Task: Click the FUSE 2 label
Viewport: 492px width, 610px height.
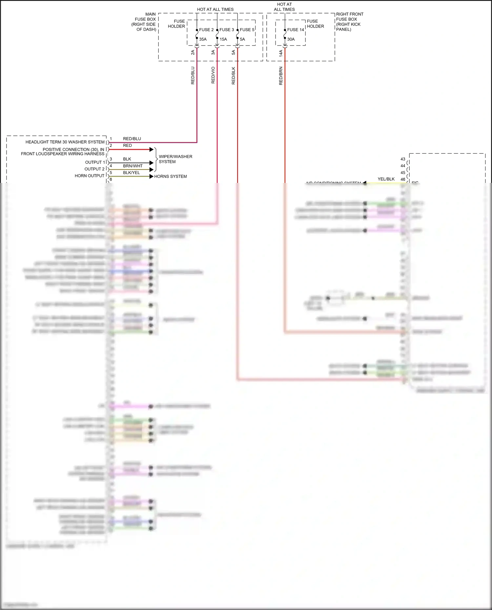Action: click(x=206, y=30)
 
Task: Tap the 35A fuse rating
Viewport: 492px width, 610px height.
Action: click(x=203, y=39)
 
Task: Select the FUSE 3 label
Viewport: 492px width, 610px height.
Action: click(x=227, y=30)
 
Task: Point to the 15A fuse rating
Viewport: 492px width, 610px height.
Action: click(x=223, y=39)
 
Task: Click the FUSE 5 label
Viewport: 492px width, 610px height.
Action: click(x=247, y=30)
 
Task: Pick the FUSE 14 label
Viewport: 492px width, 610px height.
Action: click(x=296, y=30)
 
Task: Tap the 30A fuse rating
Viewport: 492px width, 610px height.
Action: click(x=291, y=39)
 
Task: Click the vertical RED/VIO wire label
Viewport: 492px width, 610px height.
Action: click(x=213, y=75)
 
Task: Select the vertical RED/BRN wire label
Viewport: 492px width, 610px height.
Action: click(x=281, y=76)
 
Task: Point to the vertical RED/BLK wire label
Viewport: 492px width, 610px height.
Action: click(x=234, y=76)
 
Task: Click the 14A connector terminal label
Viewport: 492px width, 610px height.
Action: click(x=281, y=53)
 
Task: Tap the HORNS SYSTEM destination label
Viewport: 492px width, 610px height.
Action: click(x=171, y=176)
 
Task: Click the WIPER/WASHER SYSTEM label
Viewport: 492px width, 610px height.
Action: click(x=175, y=159)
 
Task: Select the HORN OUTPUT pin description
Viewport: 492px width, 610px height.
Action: click(x=90, y=176)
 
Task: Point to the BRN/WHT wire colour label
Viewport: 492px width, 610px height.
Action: click(x=133, y=166)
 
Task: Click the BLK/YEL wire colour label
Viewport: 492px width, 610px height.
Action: click(x=132, y=173)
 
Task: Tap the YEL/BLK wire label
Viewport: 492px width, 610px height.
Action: click(x=386, y=179)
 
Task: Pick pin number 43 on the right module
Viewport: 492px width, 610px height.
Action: click(x=403, y=159)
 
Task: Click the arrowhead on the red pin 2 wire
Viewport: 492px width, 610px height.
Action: click(x=152, y=149)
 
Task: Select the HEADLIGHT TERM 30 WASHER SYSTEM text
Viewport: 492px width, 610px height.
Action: click(x=65, y=142)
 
